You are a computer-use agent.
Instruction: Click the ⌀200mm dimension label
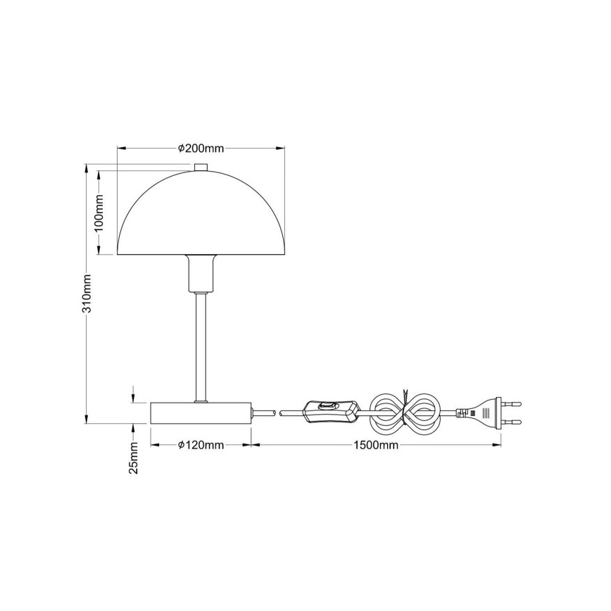(201, 149)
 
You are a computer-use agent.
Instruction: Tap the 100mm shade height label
(99, 213)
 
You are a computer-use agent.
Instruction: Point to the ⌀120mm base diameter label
(201, 445)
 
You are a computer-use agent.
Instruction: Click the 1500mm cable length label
(375, 445)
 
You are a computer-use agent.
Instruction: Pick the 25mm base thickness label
(134, 458)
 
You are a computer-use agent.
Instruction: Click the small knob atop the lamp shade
(201, 166)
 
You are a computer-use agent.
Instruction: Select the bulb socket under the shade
(201, 273)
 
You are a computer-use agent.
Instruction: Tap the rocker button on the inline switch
(326, 405)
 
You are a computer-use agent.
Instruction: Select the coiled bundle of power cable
(406, 412)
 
